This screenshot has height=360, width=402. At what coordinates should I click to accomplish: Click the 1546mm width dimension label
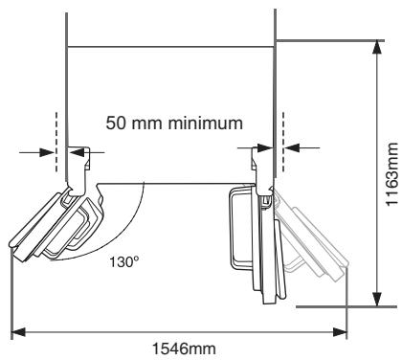point(184,349)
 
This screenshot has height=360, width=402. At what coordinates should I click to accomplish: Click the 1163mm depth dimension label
point(392,174)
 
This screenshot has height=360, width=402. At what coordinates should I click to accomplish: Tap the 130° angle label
point(124,262)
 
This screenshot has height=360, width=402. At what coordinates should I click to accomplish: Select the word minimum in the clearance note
point(206,124)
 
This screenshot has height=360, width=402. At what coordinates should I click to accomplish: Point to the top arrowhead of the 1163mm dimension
point(377,48)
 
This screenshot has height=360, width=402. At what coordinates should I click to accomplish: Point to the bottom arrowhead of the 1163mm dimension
point(377,299)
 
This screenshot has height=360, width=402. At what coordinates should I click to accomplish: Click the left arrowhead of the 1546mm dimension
point(18,332)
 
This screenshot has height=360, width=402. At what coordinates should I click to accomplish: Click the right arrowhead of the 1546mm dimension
point(340,332)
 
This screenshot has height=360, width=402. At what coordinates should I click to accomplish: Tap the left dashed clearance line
point(56,142)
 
